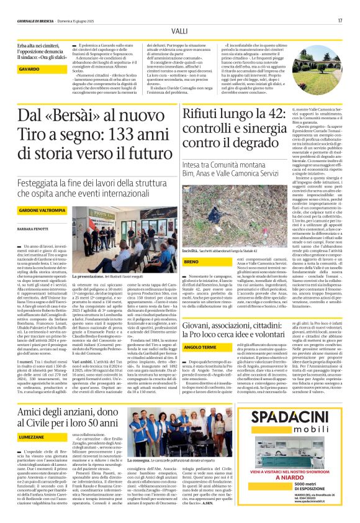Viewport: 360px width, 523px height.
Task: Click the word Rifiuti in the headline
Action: tap(202, 114)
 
